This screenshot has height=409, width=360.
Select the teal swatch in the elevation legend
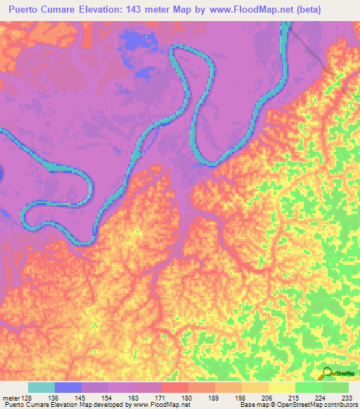click(x=41, y=387)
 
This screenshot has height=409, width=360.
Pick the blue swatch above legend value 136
click(x=68, y=387)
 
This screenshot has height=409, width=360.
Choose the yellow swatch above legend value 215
click(x=282, y=387)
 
